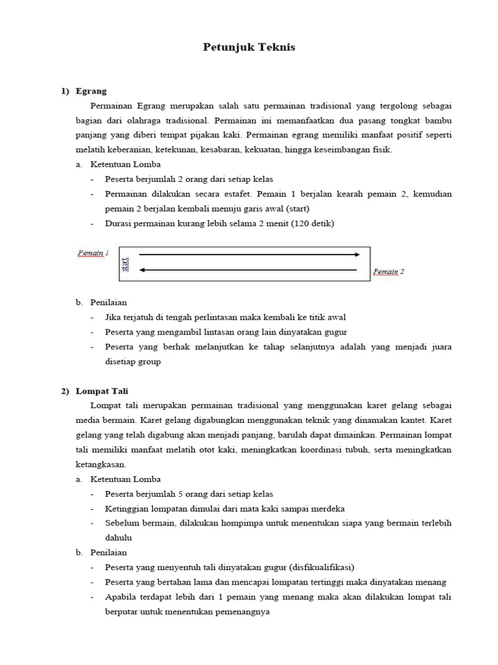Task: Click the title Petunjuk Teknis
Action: click(249, 47)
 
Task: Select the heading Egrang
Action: click(91, 91)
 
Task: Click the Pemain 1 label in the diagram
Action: click(93, 253)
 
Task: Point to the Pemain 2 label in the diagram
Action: click(388, 272)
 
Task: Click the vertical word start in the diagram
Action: click(126, 264)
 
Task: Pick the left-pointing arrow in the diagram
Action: click(250, 270)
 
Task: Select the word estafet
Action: click(237, 194)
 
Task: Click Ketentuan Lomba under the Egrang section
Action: click(125, 165)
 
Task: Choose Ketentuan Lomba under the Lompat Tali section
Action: click(125, 479)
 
